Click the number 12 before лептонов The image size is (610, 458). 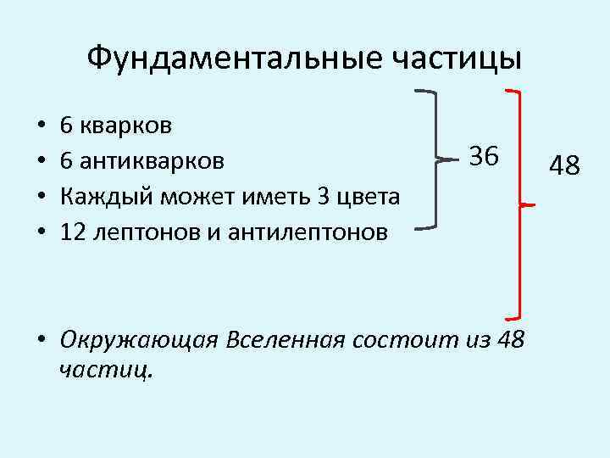point(71,231)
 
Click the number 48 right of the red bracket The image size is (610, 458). point(564,165)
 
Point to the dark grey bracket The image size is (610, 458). point(437,159)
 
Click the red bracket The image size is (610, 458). point(518,204)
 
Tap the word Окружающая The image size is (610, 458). point(139,340)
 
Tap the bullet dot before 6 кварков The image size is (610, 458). point(42,128)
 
